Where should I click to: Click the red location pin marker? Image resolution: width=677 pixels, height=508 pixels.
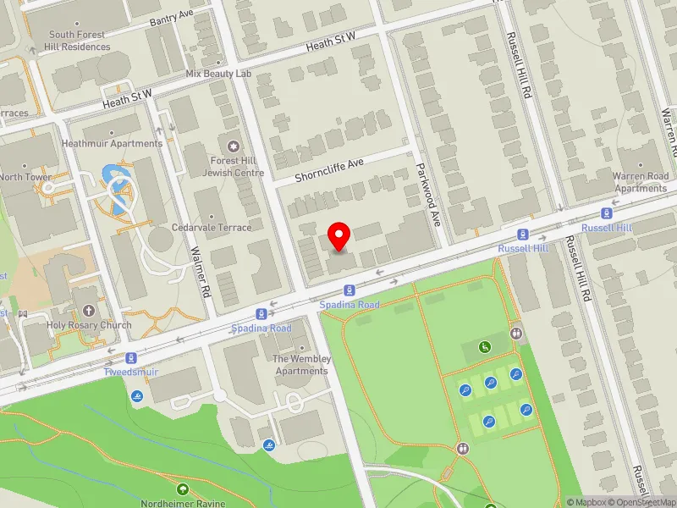coord(339,236)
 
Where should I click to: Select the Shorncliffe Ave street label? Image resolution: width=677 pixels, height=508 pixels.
coord(329,172)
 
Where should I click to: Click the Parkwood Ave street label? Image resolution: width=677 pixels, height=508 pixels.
coord(431,196)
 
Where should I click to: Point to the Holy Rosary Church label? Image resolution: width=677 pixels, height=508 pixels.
coord(90,325)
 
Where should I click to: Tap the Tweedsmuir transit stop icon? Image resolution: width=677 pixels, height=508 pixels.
coord(131,358)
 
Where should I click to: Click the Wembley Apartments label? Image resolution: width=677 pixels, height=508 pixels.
coord(301,365)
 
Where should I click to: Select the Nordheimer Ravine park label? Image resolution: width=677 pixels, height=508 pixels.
coord(182,504)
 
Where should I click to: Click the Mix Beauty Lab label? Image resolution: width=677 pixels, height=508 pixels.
coord(219,74)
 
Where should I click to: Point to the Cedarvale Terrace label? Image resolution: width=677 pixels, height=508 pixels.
coord(212,227)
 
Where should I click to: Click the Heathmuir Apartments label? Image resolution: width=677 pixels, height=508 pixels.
coord(112,144)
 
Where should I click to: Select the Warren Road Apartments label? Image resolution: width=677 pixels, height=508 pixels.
coord(641,182)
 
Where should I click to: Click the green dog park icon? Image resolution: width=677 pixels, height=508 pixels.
coord(485,346)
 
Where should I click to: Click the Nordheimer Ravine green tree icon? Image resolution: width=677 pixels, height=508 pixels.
coord(182,489)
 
